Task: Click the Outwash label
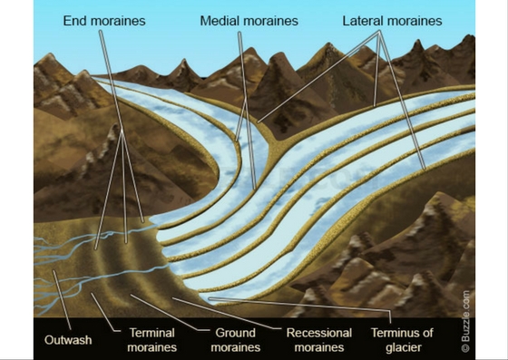(x=67, y=340)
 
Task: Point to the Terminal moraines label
(x=151, y=340)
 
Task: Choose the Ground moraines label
(x=235, y=340)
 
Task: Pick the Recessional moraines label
(x=319, y=340)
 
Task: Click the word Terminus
(x=395, y=333)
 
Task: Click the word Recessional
(x=319, y=333)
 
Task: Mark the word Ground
(x=235, y=333)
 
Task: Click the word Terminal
(x=151, y=333)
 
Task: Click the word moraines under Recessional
(x=319, y=347)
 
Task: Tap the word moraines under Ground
(x=235, y=347)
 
